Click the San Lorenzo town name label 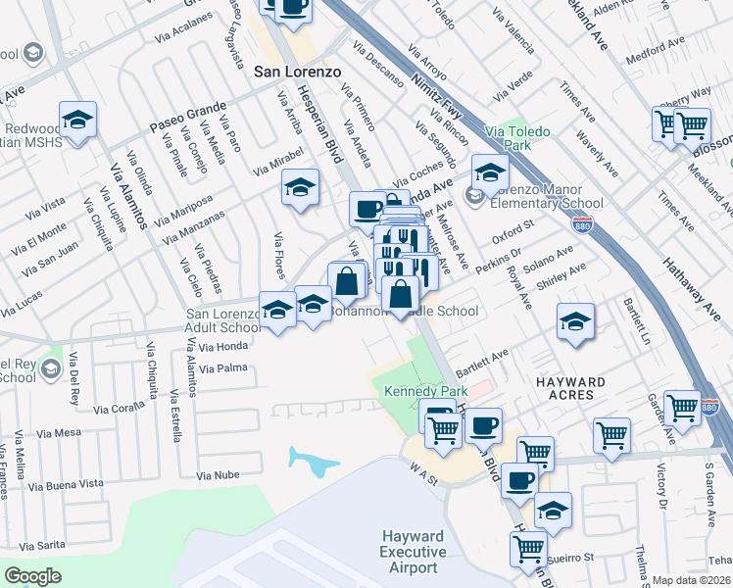tap(296, 72)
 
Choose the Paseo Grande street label tap(187, 117)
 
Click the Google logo tap(32, 576)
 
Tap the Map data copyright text tap(692, 580)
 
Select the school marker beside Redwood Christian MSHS tap(77, 120)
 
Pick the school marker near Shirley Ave tap(574, 320)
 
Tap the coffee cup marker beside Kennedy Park tap(482, 424)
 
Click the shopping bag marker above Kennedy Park tap(401, 293)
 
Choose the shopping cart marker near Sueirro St tap(527, 547)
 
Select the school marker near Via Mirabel tap(301, 186)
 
